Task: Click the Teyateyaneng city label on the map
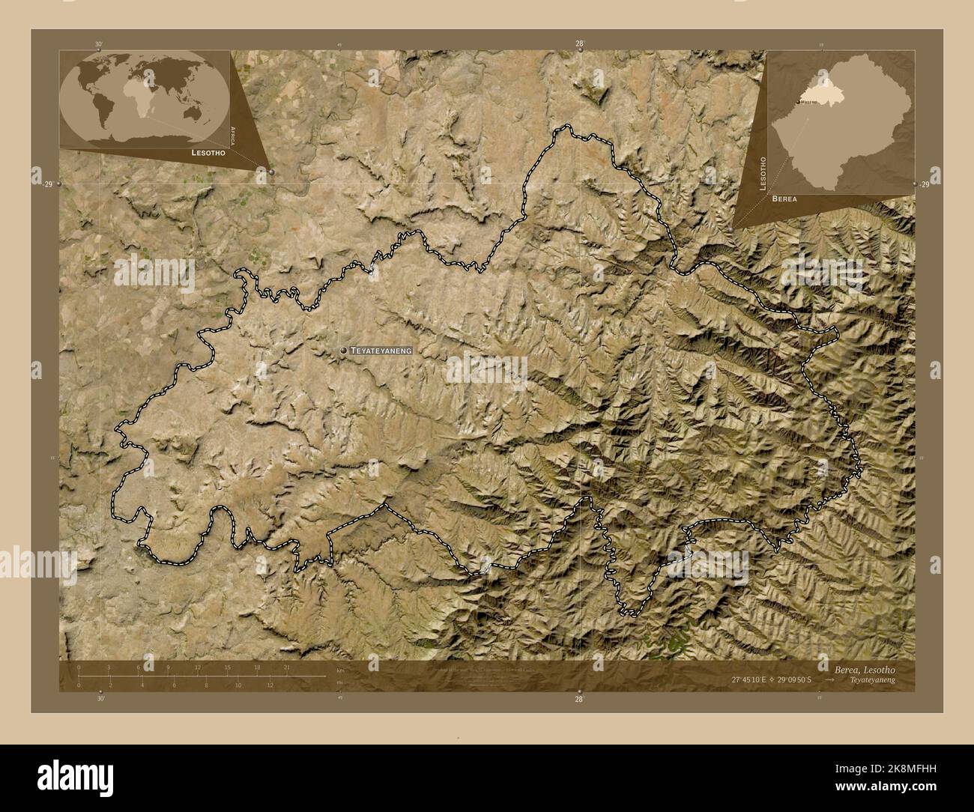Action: point(381,351)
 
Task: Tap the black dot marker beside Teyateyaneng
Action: point(343,351)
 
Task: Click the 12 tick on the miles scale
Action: point(270,685)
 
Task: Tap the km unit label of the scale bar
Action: point(340,670)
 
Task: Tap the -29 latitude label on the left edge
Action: point(48,184)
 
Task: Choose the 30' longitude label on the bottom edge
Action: point(100,697)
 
